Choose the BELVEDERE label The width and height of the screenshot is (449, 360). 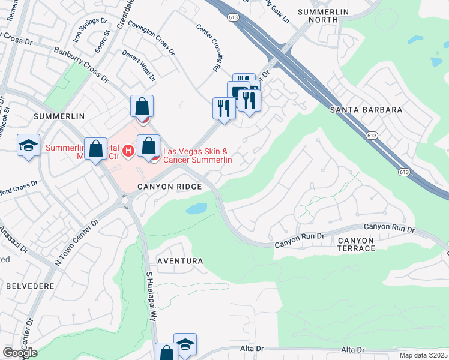(x=30, y=286)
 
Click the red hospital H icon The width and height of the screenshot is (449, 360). (x=127, y=150)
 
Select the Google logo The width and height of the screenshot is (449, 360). (x=20, y=353)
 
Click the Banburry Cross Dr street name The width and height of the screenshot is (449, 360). (x=80, y=65)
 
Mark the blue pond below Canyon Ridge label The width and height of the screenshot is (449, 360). (x=196, y=209)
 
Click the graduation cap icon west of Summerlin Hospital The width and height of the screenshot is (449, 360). (x=28, y=145)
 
